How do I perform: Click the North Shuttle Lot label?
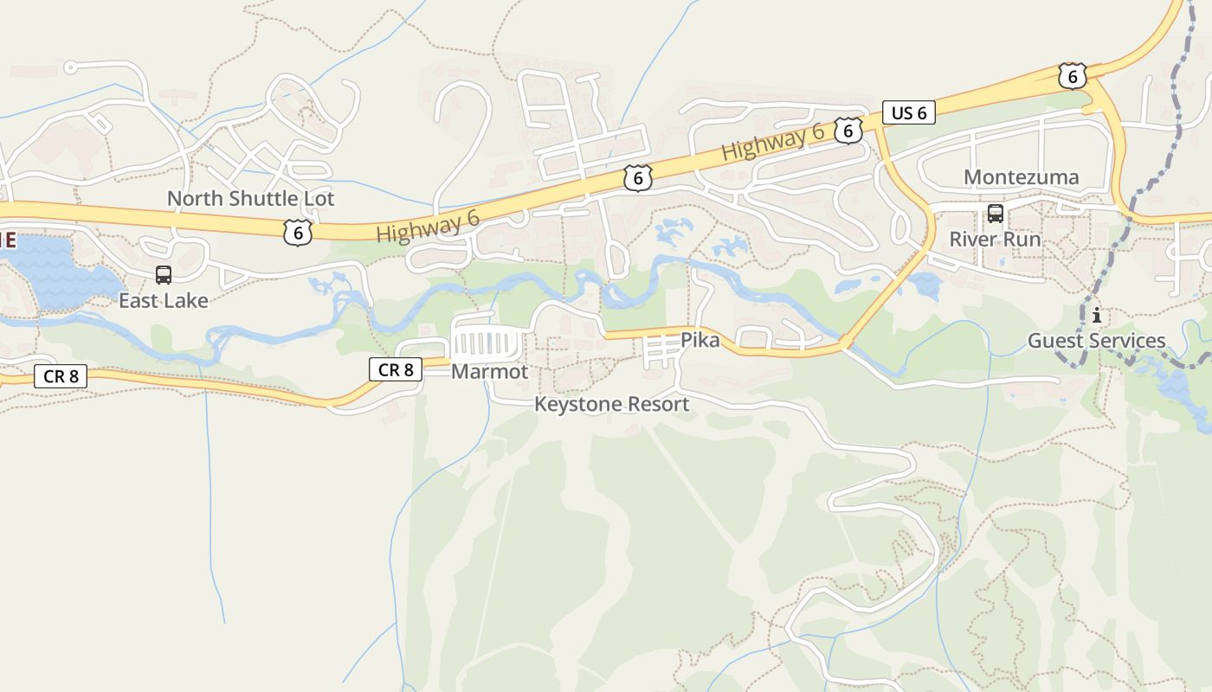tap(250, 198)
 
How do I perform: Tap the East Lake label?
tap(164, 301)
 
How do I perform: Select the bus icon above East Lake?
tap(164, 275)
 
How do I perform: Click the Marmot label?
tap(489, 372)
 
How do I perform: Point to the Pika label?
tap(699, 340)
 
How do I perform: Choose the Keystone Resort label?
tap(611, 404)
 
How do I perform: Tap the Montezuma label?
tap(1021, 177)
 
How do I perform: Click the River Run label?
tap(995, 239)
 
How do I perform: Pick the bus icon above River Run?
tap(995, 214)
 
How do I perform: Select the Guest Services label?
tap(1096, 341)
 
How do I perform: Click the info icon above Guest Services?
tap(1097, 315)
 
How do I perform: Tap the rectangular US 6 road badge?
tap(909, 112)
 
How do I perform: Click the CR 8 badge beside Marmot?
tap(396, 369)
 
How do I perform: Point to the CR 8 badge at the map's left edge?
tap(61, 376)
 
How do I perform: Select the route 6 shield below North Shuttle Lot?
tap(297, 232)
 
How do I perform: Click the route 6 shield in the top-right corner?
tap(1072, 76)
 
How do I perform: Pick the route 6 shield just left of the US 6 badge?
tap(848, 131)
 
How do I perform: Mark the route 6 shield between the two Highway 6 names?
tap(637, 178)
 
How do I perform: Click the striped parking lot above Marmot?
tap(487, 343)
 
